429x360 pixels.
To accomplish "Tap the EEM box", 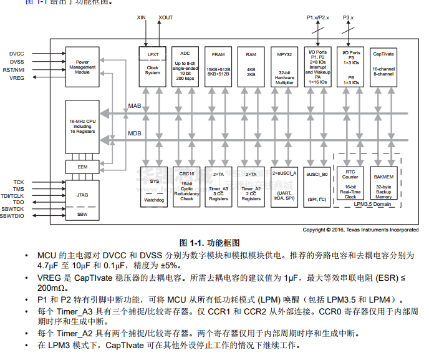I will [82, 167].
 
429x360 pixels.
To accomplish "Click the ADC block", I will [185, 65].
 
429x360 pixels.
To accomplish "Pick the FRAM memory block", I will [218, 65].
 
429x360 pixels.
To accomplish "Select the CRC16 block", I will [186, 185].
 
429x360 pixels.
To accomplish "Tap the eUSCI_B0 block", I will [317, 185].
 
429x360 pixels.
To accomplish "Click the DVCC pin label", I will [17, 54].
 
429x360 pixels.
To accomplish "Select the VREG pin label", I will [17, 78].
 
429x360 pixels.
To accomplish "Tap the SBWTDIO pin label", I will [14, 216].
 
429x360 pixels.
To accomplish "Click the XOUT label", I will [166, 17].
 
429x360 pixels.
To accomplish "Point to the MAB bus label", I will [135, 106].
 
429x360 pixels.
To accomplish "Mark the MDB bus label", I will [135, 134].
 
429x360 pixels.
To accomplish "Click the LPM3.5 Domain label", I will [372, 203].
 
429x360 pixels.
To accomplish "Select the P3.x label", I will [348, 17].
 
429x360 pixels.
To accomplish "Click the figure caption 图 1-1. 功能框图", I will [210, 242].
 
